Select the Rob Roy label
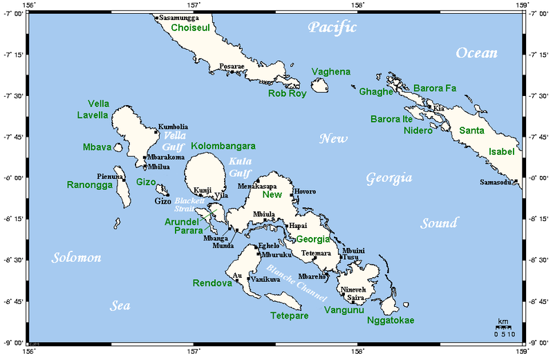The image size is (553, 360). [288, 93]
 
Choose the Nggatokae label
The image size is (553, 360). [391, 321]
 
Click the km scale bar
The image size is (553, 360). [505, 328]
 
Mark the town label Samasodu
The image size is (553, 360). [496, 182]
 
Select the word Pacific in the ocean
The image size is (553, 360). [332, 28]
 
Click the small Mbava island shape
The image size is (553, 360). [118, 147]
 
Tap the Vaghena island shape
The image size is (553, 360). [319, 86]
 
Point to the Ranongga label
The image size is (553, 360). [89, 184]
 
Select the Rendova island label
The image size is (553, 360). [212, 283]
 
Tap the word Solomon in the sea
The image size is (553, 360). [76, 258]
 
